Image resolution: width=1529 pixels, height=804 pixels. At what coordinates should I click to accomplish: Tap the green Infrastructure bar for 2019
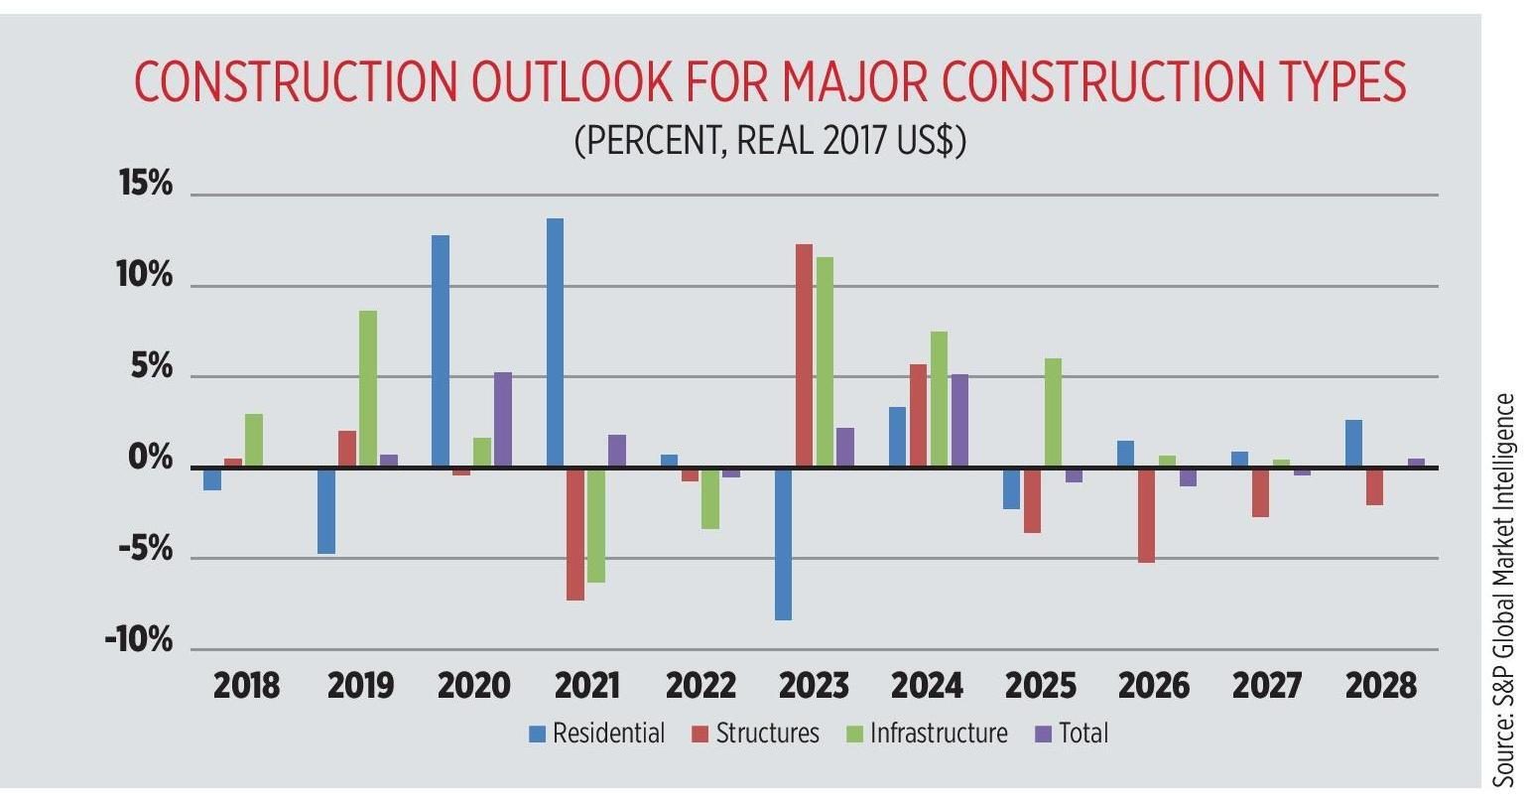point(368,388)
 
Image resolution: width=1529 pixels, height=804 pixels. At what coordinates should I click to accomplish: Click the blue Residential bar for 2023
point(784,544)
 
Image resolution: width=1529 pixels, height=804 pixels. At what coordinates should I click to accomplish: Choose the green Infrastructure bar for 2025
point(1053,413)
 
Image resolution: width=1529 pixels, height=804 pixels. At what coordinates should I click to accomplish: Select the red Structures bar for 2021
point(575,534)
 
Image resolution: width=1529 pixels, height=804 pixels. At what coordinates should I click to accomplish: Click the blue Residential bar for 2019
point(326,511)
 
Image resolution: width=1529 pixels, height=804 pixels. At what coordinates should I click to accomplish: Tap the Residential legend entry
point(597,734)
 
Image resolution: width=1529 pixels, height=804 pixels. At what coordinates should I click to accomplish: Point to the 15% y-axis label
point(145,186)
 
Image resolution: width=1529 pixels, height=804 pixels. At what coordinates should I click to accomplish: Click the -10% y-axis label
point(139,640)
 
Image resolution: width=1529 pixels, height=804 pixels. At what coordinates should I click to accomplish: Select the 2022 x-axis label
point(701,686)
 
